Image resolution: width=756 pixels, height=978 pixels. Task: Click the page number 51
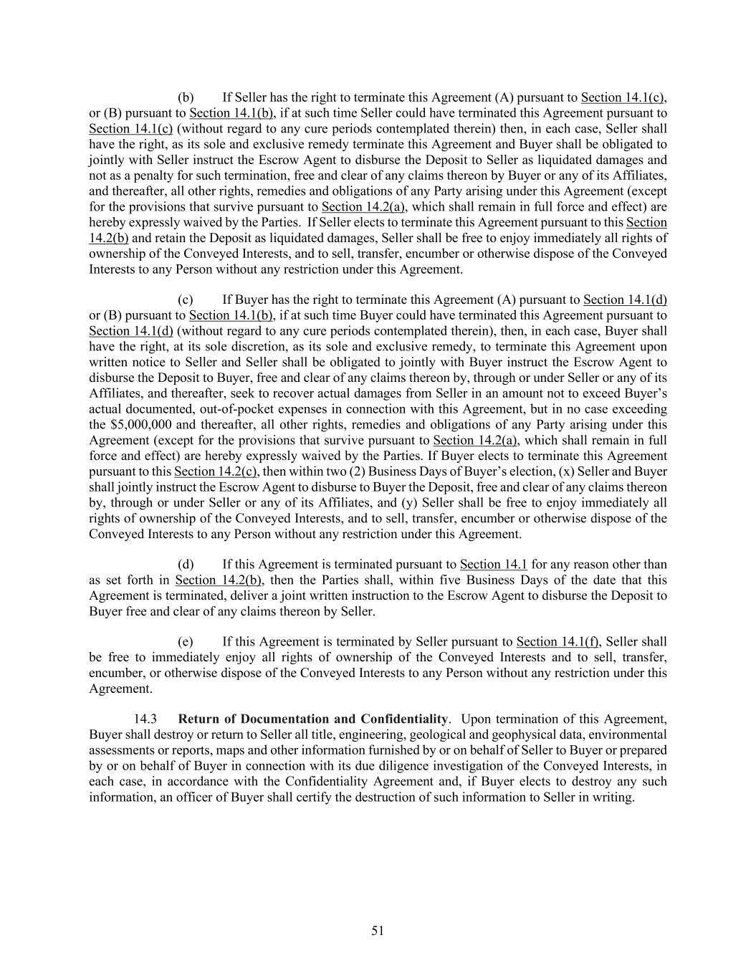(378, 931)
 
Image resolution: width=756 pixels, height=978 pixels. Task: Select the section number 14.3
(145, 719)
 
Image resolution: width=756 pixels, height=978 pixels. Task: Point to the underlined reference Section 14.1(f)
(558, 641)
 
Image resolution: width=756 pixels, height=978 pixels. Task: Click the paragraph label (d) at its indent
(186, 565)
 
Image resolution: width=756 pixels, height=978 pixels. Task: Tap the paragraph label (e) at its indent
(186, 641)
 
